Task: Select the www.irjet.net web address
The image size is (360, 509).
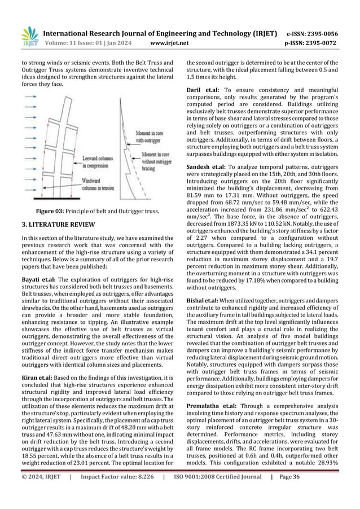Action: point(168,42)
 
